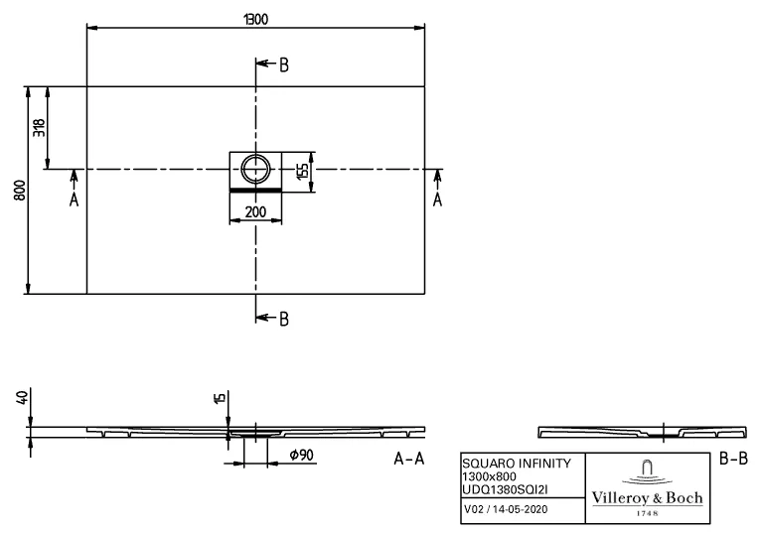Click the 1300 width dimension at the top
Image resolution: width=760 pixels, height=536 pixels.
click(x=256, y=17)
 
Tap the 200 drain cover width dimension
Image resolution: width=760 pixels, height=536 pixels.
click(x=255, y=210)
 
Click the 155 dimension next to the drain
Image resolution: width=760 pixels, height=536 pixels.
click(x=302, y=170)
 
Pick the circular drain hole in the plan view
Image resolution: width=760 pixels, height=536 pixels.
click(x=256, y=166)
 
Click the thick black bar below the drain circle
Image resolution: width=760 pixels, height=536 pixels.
click(x=256, y=187)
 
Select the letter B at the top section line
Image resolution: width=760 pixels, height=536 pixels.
click(x=283, y=66)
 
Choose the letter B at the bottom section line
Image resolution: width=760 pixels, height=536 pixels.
click(x=283, y=319)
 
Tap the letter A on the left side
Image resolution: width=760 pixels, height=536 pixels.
click(x=74, y=199)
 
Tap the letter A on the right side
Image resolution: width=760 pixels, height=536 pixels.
click(x=437, y=199)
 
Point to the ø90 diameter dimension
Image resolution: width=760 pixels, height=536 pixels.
click(x=302, y=455)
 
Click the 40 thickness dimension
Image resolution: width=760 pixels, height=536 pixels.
click(x=22, y=397)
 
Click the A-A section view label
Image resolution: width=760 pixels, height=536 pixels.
click(x=409, y=460)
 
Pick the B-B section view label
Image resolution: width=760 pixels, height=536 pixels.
click(x=732, y=460)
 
